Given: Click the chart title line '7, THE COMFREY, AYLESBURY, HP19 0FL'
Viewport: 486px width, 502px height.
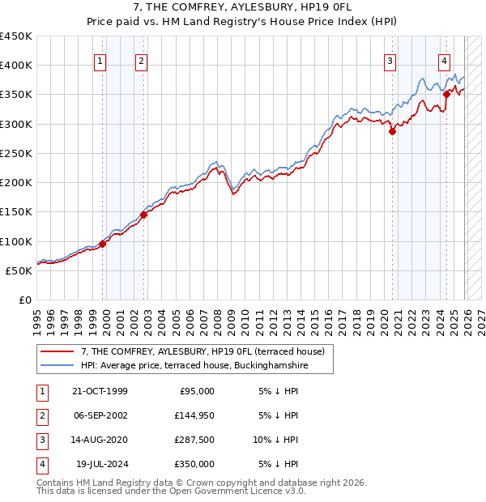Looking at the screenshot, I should [242, 9].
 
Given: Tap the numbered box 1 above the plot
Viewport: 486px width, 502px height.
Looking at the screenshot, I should [100, 60].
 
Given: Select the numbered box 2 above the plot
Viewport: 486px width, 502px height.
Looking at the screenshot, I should [141, 60].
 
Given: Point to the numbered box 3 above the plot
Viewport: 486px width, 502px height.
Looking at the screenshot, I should [390, 60].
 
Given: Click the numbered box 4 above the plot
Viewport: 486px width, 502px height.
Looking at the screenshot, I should [445, 60].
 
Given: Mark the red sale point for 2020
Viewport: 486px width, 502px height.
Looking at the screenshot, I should [392, 131].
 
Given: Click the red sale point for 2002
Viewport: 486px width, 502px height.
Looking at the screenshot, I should [143, 215].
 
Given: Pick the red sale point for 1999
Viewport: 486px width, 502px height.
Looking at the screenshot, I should [103, 244].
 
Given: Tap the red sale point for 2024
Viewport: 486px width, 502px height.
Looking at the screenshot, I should [446, 95].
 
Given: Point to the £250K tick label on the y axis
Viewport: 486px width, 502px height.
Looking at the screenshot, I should [16, 153].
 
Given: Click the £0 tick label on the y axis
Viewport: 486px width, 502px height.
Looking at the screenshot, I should [25, 300].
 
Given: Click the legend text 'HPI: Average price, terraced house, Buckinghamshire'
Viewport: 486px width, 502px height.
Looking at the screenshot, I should [195, 366].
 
